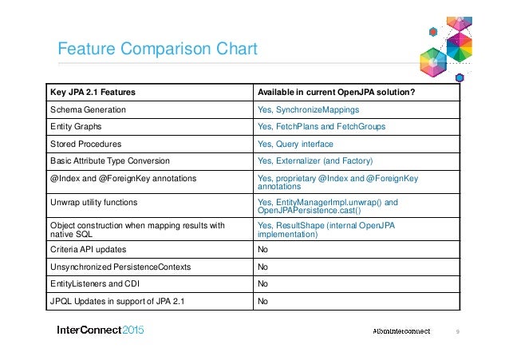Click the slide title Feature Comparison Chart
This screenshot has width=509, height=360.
tap(156, 49)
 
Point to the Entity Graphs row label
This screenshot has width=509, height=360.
tap(76, 126)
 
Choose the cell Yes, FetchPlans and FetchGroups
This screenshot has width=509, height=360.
tap(322, 126)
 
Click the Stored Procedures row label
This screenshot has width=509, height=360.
tap(85, 144)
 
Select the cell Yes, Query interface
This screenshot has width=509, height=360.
tap(295, 144)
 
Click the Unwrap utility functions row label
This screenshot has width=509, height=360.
tap(93, 203)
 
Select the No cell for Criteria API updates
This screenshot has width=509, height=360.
tap(262, 250)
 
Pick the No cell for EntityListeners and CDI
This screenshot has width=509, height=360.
tap(262, 284)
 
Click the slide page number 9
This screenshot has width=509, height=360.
tap(457, 330)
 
